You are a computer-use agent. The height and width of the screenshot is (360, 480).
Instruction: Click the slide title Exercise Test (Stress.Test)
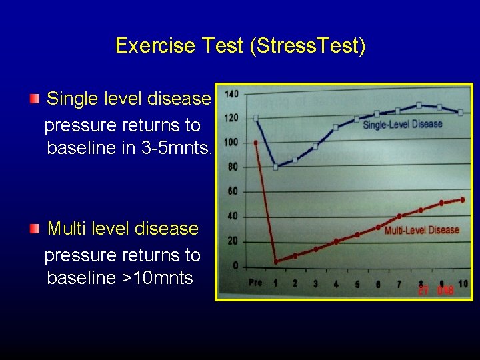click(240, 46)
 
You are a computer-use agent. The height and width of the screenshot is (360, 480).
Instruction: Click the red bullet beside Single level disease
click(34, 99)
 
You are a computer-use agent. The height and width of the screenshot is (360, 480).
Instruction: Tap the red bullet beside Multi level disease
click(34, 229)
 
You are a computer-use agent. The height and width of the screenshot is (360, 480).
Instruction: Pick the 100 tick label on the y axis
click(231, 142)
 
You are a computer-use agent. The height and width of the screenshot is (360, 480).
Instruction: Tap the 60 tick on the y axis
click(233, 191)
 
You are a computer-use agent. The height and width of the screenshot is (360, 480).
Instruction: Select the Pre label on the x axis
click(255, 283)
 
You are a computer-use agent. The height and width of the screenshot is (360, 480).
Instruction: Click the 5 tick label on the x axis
click(357, 285)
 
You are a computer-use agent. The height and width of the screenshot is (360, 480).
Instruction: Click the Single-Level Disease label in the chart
click(402, 125)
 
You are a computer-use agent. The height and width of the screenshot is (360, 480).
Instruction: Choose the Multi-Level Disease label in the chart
click(421, 230)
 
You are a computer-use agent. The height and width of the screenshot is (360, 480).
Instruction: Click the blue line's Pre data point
click(256, 118)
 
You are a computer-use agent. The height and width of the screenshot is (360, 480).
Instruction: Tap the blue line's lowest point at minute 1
click(276, 166)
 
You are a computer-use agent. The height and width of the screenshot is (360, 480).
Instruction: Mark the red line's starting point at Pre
click(256, 142)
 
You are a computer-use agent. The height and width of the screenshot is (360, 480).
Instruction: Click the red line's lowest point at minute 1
click(276, 261)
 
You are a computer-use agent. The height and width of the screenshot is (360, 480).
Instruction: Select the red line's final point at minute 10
click(462, 199)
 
